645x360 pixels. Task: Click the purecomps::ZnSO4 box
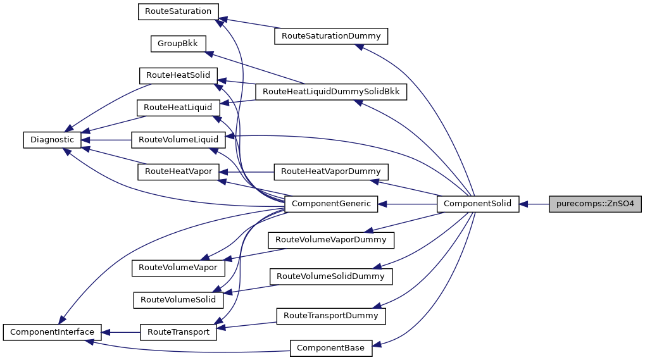click(595, 204)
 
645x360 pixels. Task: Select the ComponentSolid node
click(478, 204)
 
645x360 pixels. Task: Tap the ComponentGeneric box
click(332, 204)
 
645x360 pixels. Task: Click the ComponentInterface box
click(52, 332)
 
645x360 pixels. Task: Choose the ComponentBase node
click(331, 347)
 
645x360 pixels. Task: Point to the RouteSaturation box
click(178, 11)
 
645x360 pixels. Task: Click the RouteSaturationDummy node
click(330, 36)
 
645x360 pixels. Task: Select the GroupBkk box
click(178, 44)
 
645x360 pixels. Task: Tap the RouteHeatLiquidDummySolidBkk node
click(331, 92)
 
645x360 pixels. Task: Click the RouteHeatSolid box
click(178, 75)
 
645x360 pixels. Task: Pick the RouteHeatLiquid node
click(178, 108)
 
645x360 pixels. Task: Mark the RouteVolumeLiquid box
click(178, 140)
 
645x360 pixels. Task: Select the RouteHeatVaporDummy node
click(330, 171)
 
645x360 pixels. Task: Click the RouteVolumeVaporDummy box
click(331, 240)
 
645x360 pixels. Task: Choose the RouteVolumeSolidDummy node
click(330, 276)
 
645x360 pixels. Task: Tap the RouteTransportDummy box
click(330, 315)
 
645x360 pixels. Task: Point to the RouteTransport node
click(178, 332)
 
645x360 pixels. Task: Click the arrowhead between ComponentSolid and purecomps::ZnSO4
click(525, 204)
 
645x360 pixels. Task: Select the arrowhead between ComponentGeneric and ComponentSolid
click(384, 204)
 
